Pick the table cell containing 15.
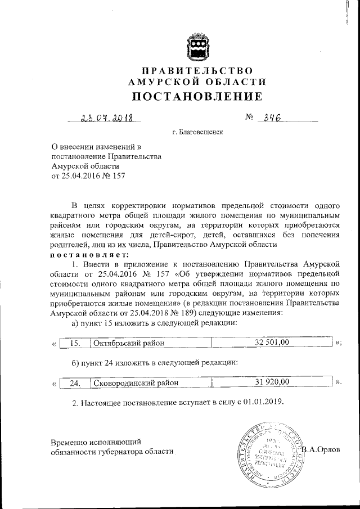click(x=75, y=341)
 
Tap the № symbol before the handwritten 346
click(x=250, y=118)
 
